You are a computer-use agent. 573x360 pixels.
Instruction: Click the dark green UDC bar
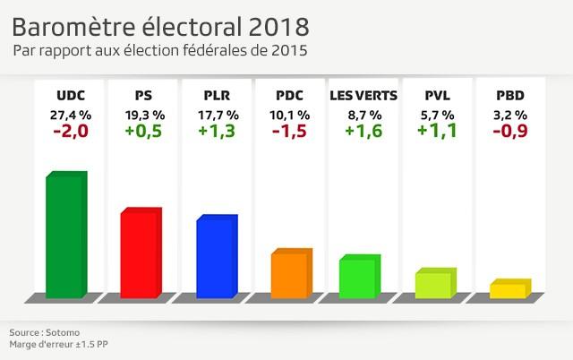tap(65, 235)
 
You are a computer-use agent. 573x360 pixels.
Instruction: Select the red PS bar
tap(141, 253)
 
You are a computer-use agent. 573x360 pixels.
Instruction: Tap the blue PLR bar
tap(216, 257)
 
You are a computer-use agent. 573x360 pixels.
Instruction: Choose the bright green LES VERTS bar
tap(359, 277)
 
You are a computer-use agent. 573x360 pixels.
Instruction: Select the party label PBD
tap(511, 96)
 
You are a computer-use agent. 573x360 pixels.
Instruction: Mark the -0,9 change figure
tap(511, 132)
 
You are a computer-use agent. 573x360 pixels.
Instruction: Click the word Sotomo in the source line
tap(56, 330)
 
